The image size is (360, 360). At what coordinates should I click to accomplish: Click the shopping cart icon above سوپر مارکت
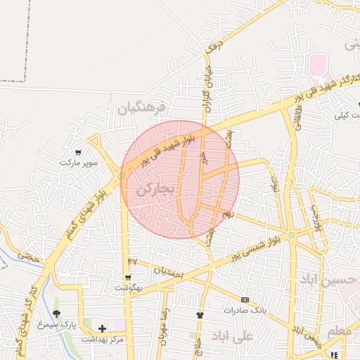point(77,152)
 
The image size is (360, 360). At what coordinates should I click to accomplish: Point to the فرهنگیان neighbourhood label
point(141,108)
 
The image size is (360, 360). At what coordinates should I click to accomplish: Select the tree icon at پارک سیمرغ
point(56,314)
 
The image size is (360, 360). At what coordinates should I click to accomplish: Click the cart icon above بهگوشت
point(127,277)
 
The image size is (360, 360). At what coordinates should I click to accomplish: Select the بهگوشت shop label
point(128,288)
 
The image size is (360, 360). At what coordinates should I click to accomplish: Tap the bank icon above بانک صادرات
point(245,300)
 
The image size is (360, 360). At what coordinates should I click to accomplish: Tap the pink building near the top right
point(319,65)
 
